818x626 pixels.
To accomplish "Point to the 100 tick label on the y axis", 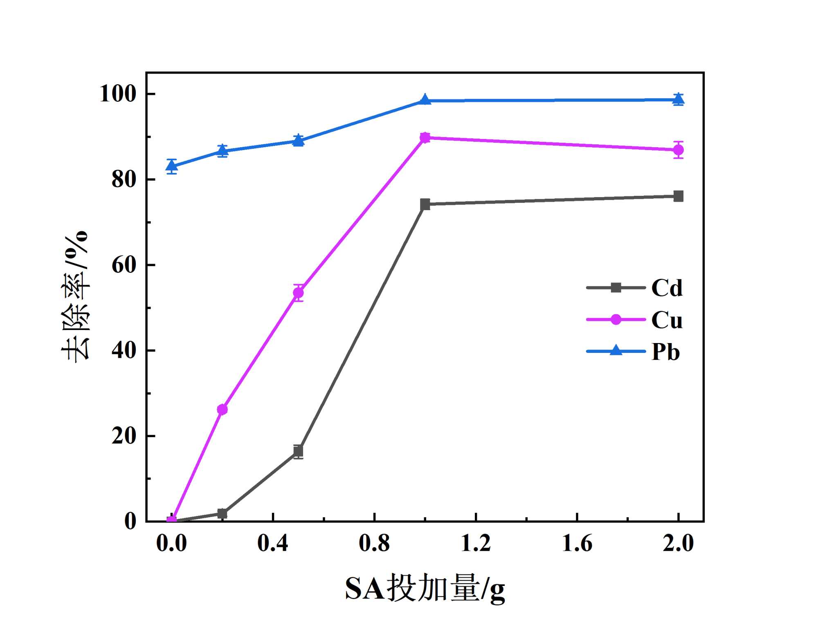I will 118,94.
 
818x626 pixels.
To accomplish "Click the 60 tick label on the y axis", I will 124,265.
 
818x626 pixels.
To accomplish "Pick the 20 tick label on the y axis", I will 124,436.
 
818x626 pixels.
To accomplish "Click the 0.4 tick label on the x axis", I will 273,543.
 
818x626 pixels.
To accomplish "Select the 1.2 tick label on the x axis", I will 476,543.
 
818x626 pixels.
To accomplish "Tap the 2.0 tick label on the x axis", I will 678,543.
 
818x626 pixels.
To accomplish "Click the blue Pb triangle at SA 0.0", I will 172,166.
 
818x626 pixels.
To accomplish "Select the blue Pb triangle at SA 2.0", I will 678,99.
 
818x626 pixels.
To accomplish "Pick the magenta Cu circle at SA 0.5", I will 299,293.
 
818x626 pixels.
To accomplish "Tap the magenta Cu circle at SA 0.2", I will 222,409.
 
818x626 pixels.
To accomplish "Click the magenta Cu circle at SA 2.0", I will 678,150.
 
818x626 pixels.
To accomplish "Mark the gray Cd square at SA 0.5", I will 299,451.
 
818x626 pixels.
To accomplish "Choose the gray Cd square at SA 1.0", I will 425,204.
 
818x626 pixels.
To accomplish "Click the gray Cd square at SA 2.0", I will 678,196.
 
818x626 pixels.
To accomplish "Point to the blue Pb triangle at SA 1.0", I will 425,100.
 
